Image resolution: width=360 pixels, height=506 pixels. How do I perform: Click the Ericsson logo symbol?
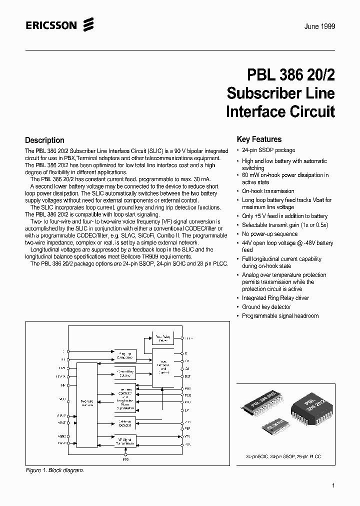coord(89,24)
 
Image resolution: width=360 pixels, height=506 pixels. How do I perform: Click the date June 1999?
coord(319,26)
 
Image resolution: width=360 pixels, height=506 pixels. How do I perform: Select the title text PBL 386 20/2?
coord(291,74)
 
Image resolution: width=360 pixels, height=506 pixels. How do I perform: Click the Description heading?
coord(44,140)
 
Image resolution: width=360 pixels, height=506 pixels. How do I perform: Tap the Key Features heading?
coord(259,139)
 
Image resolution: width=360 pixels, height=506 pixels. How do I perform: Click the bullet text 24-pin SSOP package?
coord(268,150)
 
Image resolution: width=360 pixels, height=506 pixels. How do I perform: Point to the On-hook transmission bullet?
coord(268,191)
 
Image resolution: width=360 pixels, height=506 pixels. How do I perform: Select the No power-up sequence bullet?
coord(269,234)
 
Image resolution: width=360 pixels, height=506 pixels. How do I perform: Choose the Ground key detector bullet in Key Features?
coord(266,307)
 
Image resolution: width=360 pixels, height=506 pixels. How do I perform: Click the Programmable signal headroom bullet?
coord(280,316)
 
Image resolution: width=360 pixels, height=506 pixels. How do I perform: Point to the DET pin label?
coord(188,376)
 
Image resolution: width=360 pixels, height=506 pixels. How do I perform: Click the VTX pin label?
coord(188,436)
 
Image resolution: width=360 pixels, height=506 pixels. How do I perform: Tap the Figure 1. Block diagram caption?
coord(55,470)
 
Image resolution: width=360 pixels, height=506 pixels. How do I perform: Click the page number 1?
coord(333,485)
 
